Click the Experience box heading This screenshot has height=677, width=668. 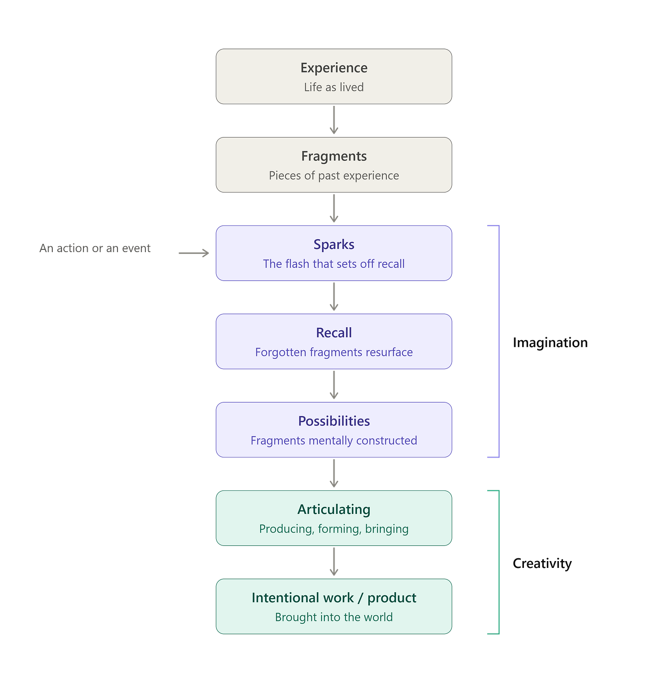334,68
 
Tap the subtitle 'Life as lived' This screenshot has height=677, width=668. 334,87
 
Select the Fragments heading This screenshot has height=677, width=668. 334,156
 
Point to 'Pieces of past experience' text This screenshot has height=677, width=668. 334,176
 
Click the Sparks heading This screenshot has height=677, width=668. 334,245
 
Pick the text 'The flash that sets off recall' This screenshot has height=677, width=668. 334,264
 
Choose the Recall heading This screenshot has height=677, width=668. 334,333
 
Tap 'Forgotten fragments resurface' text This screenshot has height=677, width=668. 334,352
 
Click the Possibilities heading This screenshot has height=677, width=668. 334,421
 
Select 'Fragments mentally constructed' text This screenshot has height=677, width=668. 334,440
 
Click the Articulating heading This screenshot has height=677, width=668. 334,510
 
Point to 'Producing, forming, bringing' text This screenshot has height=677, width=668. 334,529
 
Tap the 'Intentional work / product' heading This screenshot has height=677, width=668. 334,598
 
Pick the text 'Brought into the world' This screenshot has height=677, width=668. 334,617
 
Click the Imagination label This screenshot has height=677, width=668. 550,343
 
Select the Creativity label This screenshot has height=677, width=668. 542,563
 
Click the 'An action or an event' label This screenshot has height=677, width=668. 95,248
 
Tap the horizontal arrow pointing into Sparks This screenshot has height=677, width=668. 194,253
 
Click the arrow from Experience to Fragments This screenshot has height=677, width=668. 334,120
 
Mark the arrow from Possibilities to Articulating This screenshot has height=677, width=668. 334,473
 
